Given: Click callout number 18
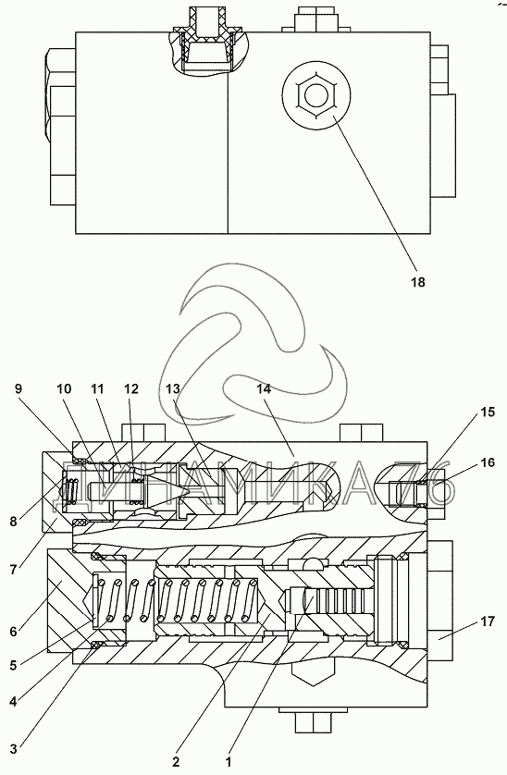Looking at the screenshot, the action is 418,282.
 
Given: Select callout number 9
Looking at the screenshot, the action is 19,388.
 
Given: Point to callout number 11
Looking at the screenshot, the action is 97,388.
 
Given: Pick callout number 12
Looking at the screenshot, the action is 131,388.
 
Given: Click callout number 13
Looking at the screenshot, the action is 173,388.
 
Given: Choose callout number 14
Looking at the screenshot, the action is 264,388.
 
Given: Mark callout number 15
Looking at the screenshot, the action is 488,412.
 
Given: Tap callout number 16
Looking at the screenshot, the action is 488,462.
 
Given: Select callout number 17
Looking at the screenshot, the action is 488,621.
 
